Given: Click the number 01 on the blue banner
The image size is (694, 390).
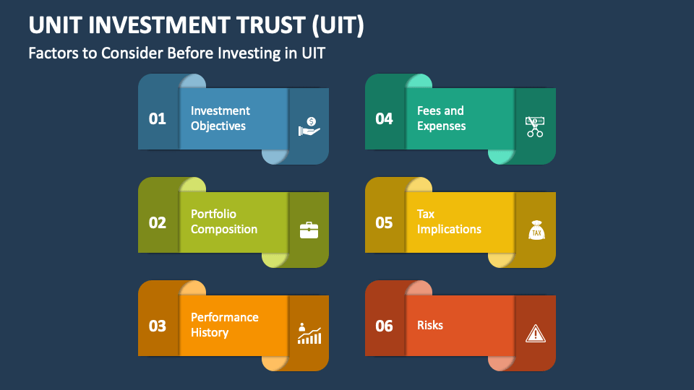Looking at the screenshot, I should [158, 118].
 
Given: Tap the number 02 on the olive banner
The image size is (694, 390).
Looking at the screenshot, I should [158, 222].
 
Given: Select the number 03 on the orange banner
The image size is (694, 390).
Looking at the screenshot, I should [158, 326].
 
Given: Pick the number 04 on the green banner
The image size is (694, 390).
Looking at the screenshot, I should [384, 118].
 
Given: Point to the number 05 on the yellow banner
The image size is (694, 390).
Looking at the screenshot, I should [384, 222].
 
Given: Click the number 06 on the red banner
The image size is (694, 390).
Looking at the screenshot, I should [384, 326].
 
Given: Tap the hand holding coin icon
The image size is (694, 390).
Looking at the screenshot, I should [309, 127].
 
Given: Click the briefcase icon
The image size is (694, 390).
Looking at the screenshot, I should [309, 230].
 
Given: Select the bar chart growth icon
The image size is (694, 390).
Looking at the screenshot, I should [309, 334].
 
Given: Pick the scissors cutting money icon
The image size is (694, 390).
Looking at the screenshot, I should [535, 127].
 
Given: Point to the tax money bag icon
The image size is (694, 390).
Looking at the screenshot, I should [536, 230].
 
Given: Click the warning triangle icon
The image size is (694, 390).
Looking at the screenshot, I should [535, 333].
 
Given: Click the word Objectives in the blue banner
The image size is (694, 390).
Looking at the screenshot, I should [218, 126].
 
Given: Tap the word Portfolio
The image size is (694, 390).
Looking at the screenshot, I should [213, 214].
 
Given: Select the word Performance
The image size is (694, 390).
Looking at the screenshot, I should [224, 317].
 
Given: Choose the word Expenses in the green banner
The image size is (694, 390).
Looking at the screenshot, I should [441, 126].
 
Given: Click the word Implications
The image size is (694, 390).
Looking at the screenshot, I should [449, 230].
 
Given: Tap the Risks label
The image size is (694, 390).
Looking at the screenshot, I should [430, 325].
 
